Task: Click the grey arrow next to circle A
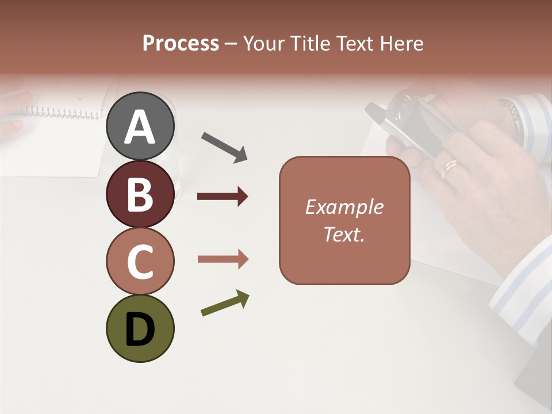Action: coord(224,146)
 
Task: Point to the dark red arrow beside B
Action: coord(223,197)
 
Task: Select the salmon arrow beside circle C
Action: coord(223,259)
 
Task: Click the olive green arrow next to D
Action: coord(225,303)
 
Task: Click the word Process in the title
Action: coord(181,43)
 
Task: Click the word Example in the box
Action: coord(344,207)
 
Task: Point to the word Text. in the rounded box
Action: coord(344,234)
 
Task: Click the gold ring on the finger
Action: coord(449,168)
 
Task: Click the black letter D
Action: coord(140,329)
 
